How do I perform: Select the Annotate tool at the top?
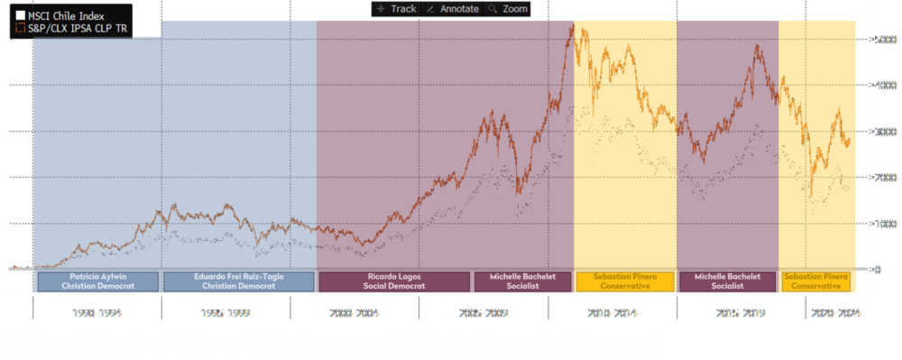point(453,8)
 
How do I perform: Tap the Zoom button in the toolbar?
point(509,8)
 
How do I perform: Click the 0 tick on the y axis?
point(877,269)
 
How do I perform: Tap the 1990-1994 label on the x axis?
point(98,312)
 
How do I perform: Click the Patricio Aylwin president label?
point(97,281)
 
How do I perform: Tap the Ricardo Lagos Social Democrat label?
point(395,281)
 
